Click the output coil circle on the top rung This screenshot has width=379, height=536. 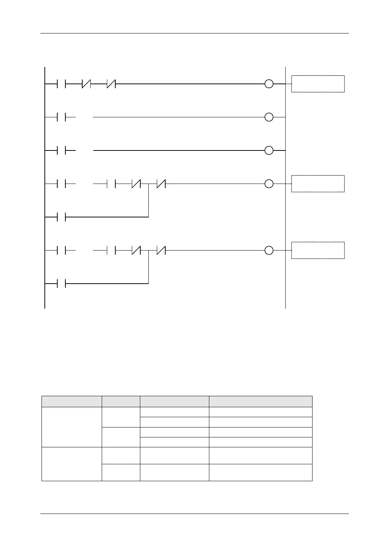click(269, 84)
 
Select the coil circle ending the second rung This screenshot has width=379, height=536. click(269, 117)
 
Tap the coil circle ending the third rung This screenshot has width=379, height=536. click(269, 150)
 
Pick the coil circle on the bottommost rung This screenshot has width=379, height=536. click(269, 251)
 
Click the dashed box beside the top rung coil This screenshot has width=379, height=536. click(318, 84)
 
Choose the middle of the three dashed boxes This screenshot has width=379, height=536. click(318, 184)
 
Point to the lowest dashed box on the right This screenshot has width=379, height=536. click(318, 251)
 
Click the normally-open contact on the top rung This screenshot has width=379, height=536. click(61, 84)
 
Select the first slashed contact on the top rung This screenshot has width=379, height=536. click(86, 84)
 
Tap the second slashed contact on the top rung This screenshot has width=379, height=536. click(111, 84)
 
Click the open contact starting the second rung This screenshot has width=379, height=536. click(61, 117)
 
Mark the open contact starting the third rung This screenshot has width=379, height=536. click(61, 150)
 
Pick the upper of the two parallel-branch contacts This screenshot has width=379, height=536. click(61, 217)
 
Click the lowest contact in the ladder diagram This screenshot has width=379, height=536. click(61, 284)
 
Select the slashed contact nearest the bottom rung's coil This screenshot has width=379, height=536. click(161, 251)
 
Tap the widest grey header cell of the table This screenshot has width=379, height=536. click(260, 401)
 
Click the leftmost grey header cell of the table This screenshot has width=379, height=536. click(72, 401)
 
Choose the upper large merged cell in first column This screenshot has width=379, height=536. click(72, 427)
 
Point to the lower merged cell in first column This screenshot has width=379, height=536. click(72, 464)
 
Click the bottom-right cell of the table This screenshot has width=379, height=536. click(260, 472)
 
